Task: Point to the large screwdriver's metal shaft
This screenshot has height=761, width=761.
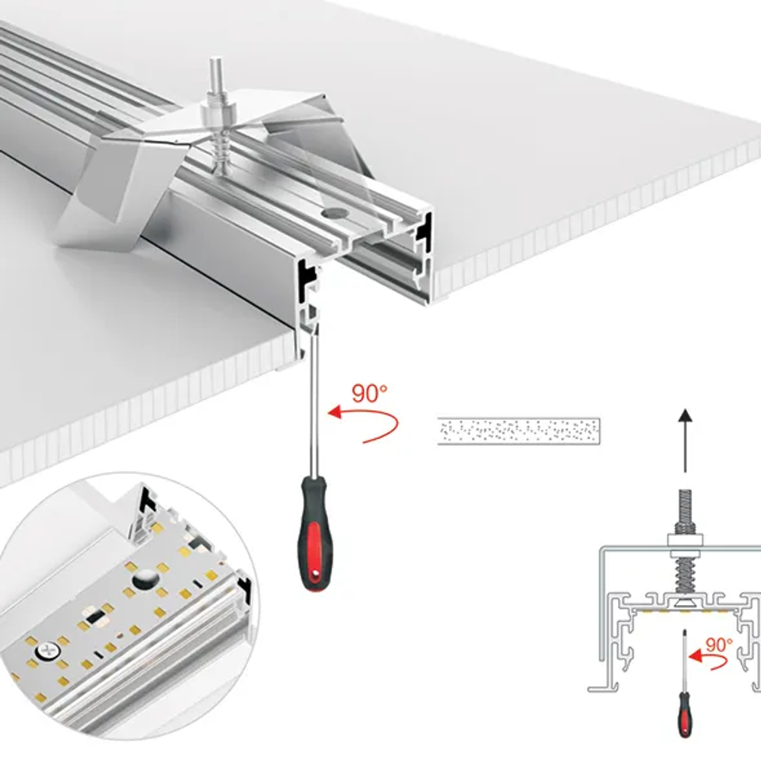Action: (x=309, y=411)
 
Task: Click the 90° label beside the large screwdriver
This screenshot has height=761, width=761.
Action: (x=370, y=394)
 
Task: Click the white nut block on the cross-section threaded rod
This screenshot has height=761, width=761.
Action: (x=686, y=542)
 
